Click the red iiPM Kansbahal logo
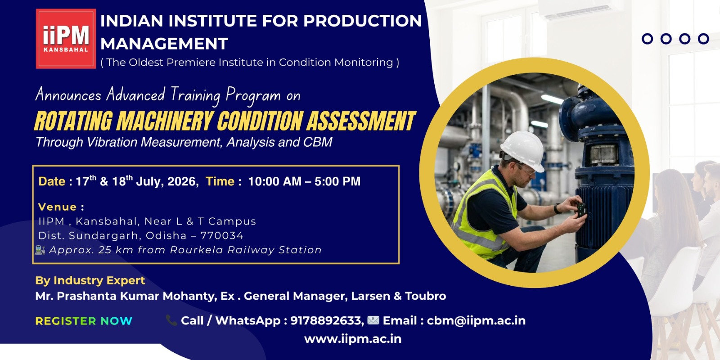pyautogui.click(x=66, y=39)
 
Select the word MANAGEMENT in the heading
pyautogui.click(x=164, y=44)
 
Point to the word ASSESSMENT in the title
pyautogui.click(x=360, y=121)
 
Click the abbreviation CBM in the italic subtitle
pyautogui.click(x=318, y=142)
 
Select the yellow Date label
pyautogui.click(x=52, y=182)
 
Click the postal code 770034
pyautogui.click(x=222, y=236)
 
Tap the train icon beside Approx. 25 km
pyautogui.click(x=40, y=250)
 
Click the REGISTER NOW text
pyautogui.click(x=84, y=321)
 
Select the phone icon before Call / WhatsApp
pyautogui.click(x=171, y=320)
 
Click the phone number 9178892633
pyautogui.click(x=326, y=320)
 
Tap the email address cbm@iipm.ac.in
pyautogui.click(x=476, y=320)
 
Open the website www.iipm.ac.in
pyautogui.click(x=353, y=339)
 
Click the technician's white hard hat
pyautogui.click(x=523, y=150)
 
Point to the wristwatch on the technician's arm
pyautogui.click(x=557, y=209)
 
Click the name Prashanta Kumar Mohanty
pyautogui.click(x=136, y=296)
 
